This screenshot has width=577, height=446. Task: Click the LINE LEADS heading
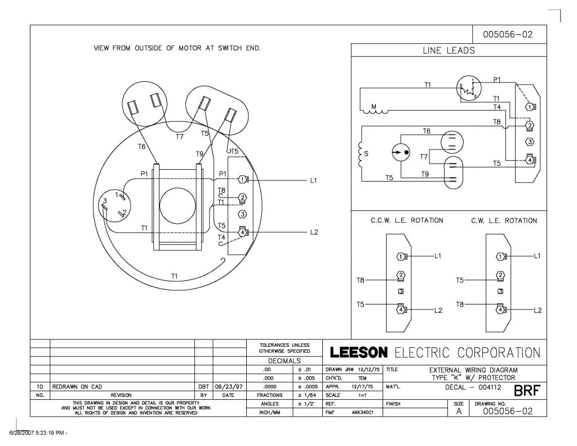coord(449,50)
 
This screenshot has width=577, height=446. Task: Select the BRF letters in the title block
coord(527,390)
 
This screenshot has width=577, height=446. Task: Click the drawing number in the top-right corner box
coord(507,35)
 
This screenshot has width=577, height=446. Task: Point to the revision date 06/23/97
coord(229,388)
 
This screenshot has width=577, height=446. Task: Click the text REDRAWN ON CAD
coord(77,388)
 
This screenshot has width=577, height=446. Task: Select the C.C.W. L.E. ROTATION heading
coord(406,220)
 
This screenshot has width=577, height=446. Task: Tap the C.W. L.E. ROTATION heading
coord(504,220)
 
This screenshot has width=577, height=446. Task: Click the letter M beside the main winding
coord(373,105)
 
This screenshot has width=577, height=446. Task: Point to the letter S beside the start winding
coord(367,152)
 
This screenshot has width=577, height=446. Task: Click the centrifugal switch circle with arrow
coord(401,153)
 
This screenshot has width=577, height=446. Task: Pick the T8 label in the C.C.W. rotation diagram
coord(361,280)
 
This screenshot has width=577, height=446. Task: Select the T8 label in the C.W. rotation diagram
coord(461,304)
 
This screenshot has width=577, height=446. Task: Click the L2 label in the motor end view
coord(314,232)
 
